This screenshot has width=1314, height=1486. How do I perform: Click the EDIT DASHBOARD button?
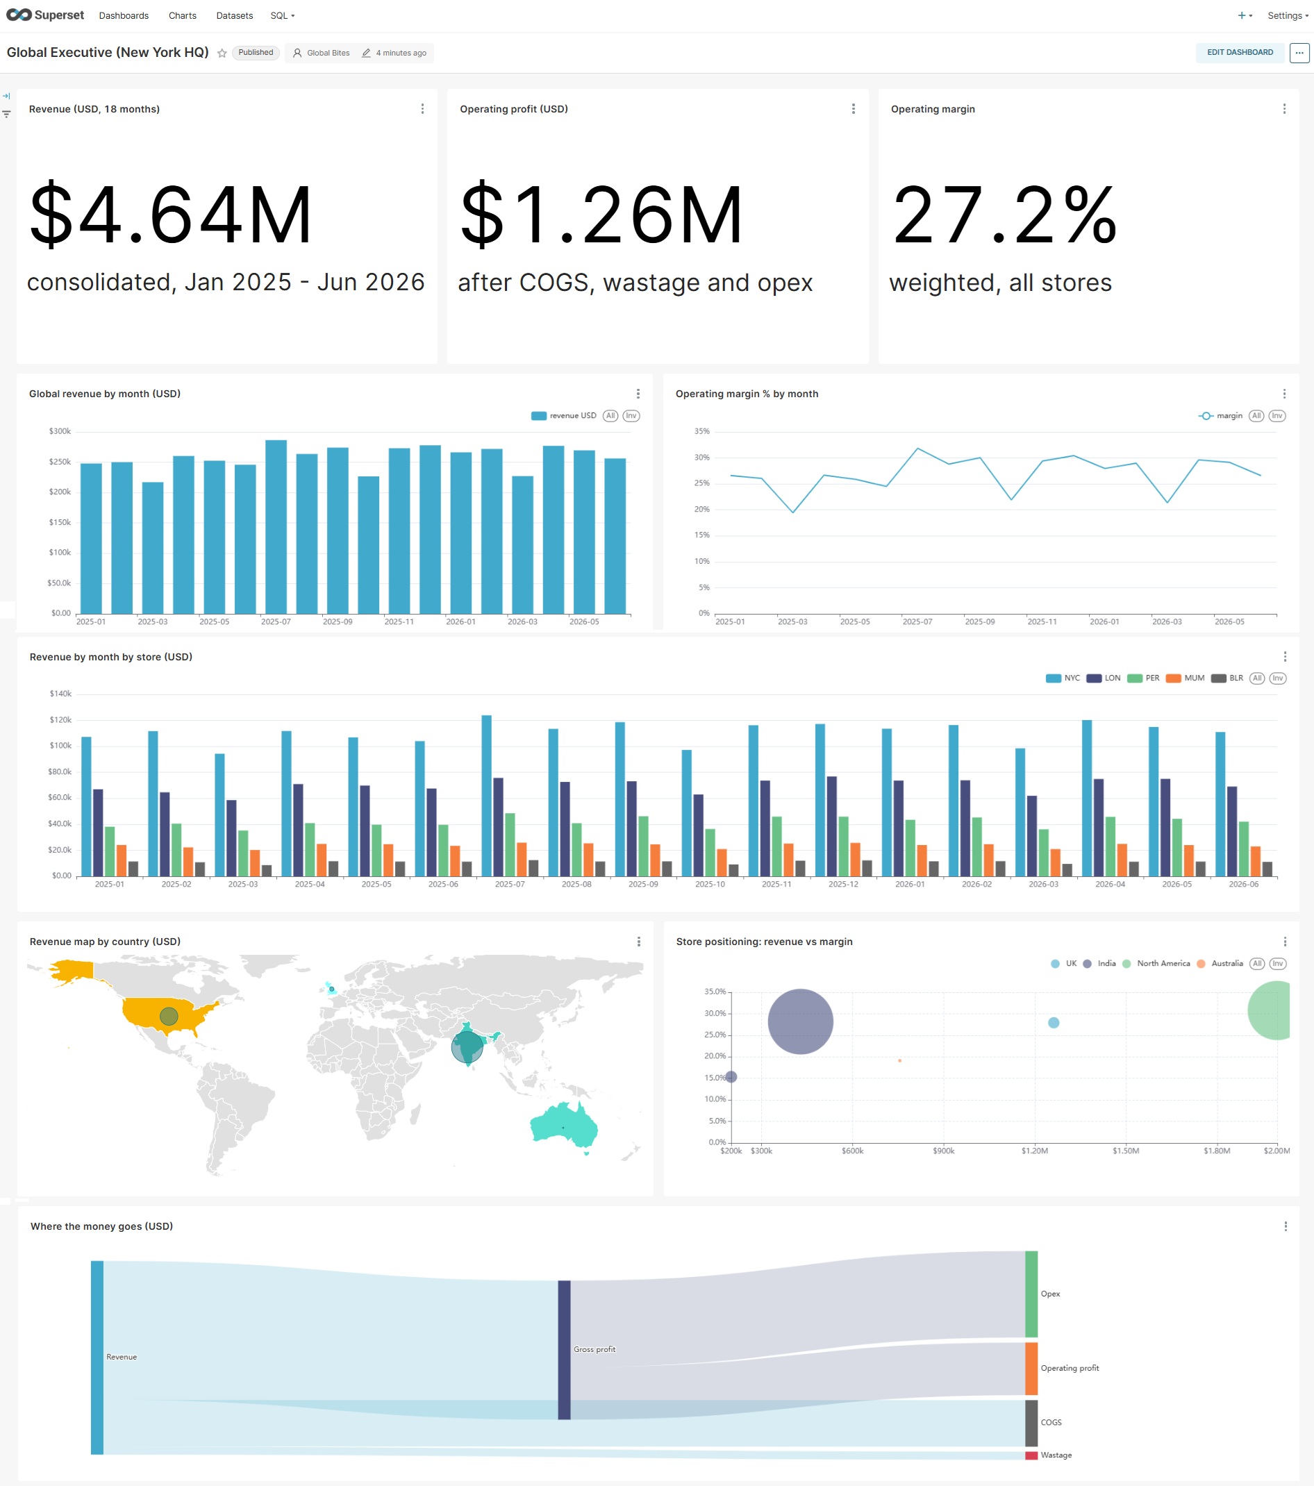(x=1239, y=52)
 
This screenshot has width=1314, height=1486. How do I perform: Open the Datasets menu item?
(x=234, y=15)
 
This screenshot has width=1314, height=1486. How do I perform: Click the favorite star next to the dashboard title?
(x=222, y=53)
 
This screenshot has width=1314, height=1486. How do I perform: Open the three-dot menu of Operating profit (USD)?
(x=853, y=109)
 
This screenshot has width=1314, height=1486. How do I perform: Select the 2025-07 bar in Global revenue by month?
(x=276, y=526)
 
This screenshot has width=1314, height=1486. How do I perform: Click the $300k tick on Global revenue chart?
(x=60, y=431)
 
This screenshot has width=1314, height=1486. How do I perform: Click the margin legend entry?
(x=1221, y=416)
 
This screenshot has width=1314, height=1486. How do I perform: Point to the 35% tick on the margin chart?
(x=701, y=431)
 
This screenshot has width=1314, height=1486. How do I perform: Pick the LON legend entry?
(x=1103, y=678)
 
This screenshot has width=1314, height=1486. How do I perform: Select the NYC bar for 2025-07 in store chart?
(x=486, y=795)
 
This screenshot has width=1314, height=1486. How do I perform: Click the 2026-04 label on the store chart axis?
(x=1110, y=884)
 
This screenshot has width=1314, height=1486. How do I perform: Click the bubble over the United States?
(x=169, y=1016)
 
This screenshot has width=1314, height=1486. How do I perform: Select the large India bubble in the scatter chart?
(x=800, y=1021)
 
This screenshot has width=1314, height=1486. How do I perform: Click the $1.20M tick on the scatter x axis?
(x=1034, y=1151)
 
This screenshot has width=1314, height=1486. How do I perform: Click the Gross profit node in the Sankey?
(x=565, y=1349)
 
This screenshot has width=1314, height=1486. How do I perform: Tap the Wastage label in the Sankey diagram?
(x=1056, y=1455)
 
